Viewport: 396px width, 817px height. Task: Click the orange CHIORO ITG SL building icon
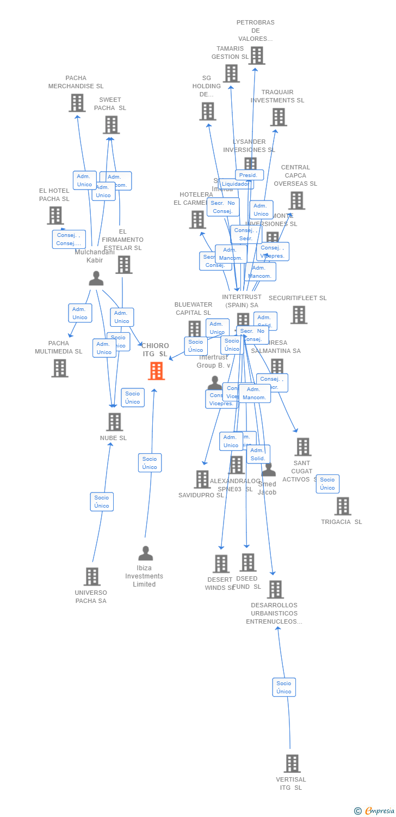(157, 371)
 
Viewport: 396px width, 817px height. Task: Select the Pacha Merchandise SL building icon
(77, 102)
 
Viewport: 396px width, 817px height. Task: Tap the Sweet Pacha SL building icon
(111, 125)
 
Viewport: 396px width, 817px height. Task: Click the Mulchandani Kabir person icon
(96, 278)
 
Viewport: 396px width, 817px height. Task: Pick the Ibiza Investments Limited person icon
(145, 553)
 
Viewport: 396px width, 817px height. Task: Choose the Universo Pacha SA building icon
(92, 576)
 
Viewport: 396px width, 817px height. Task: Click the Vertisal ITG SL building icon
(292, 763)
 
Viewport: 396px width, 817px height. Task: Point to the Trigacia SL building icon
(343, 506)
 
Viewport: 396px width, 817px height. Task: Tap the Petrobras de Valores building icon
(256, 55)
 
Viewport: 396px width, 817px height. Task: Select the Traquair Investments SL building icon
(279, 117)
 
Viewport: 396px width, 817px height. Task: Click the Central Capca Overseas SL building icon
(296, 200)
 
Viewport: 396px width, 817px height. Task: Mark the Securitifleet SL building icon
(299, 315)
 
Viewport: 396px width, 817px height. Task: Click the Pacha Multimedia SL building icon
(60, 368)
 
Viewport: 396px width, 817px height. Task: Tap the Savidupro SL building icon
(202, 479)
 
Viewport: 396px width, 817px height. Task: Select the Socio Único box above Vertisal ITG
(284, 687)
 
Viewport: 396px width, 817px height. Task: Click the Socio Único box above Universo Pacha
(102, 502)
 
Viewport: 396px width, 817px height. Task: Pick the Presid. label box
(249, 175)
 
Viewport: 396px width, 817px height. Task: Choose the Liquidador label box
(235, 184)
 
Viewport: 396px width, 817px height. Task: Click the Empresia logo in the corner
(375, 811)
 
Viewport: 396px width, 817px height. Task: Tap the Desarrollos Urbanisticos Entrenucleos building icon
(275, 589)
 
